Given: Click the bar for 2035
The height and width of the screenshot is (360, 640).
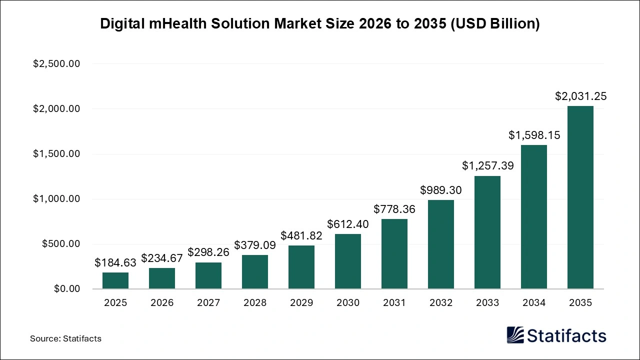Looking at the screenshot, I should pos(580,197).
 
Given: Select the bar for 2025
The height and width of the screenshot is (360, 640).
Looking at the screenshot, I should pos(115,280).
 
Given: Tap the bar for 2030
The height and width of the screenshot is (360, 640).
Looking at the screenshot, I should pos(348,261).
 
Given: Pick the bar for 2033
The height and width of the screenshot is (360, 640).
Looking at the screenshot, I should pos(487,232).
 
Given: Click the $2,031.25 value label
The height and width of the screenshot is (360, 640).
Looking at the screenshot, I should pos(580,96).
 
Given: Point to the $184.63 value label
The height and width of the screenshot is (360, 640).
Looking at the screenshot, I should pos(115,263).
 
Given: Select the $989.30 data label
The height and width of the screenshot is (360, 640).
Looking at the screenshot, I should pos(441,190).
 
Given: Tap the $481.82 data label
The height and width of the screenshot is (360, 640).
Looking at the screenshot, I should pos(301,236).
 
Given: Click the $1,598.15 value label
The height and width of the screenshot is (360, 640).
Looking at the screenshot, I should pos(534,135).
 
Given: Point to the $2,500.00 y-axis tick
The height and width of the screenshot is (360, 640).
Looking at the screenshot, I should pos(56,64).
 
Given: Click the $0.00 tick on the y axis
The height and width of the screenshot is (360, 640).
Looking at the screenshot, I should pos(67,289).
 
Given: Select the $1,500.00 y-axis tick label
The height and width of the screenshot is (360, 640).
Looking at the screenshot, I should pos(56,154).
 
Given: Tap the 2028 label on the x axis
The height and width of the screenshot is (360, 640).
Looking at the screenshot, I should pos(255,303).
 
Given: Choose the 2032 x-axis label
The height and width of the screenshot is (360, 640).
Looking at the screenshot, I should pos(441,303).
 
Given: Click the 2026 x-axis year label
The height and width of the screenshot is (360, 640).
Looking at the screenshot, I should pos(162,303).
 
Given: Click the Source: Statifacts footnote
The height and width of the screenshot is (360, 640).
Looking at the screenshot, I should pos(65,338).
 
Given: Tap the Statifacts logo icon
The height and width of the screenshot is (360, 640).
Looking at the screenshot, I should pos(515,335).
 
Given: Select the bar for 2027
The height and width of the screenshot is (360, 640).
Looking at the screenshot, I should pos(208,275).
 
